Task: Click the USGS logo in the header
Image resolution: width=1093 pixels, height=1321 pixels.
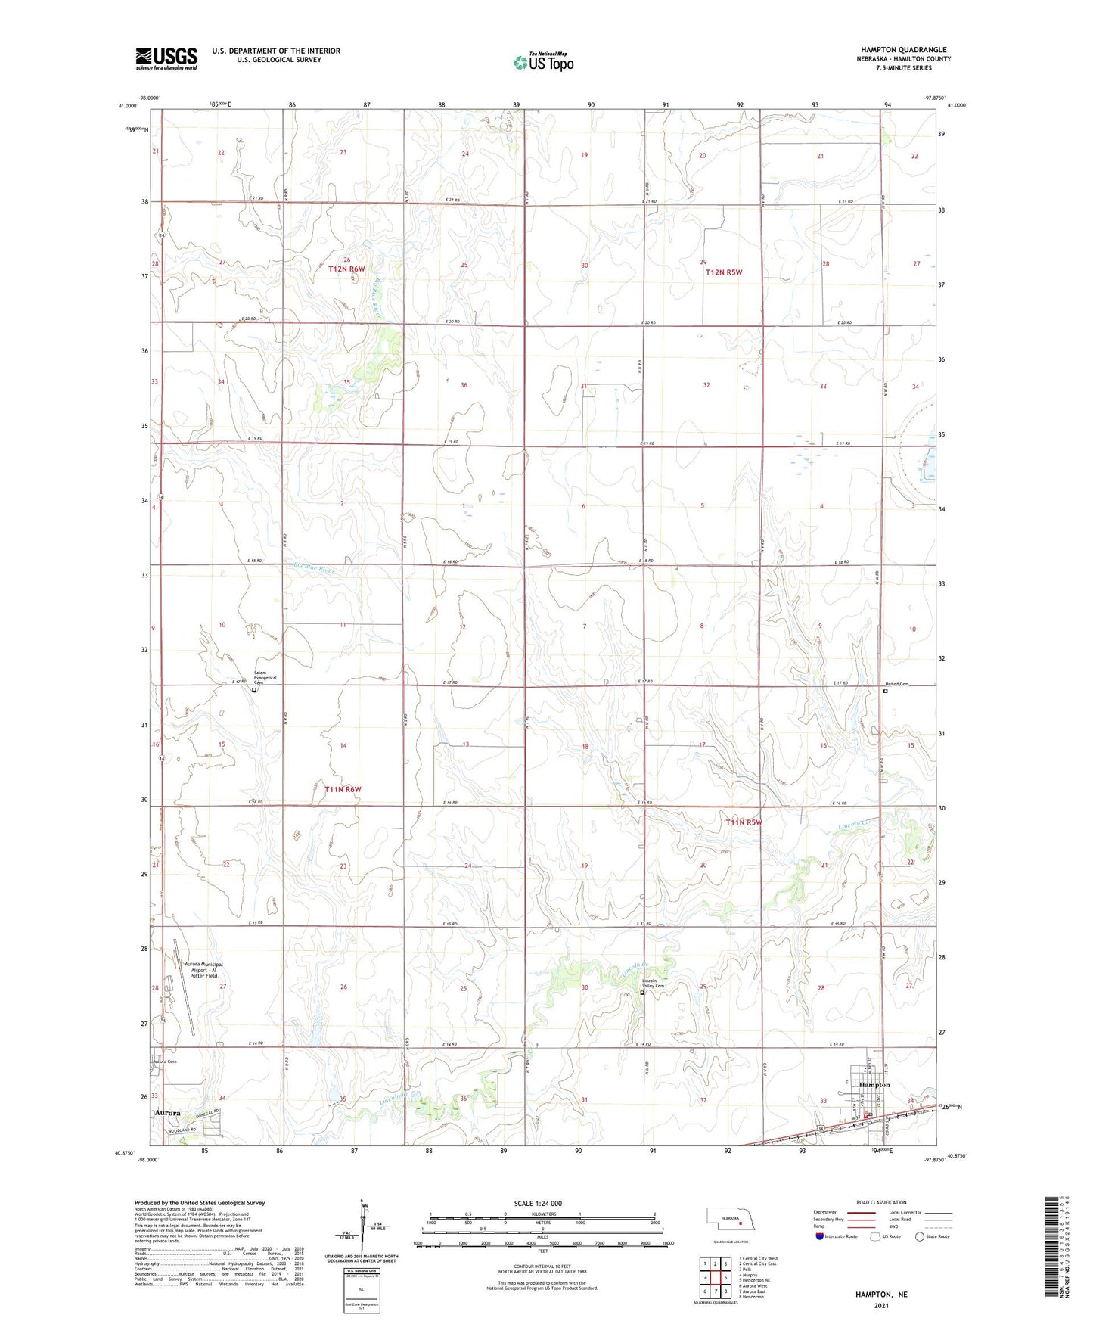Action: tap(166, 58)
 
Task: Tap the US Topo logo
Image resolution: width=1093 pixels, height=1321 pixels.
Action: tap(543, 62)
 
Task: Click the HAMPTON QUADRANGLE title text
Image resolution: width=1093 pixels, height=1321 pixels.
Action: tap(903, 50)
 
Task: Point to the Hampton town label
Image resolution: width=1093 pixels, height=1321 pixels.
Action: tap(874, 1085)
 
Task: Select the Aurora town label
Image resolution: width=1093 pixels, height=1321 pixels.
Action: tap(168, 1113)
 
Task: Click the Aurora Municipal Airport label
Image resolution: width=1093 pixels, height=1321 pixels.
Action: tap(203, 970)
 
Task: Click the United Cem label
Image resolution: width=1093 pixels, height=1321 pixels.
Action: tap(898, 684)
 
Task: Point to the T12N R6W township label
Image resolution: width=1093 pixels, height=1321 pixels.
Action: tap(346, 269)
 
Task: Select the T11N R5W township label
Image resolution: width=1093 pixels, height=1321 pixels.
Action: tap(744, 822)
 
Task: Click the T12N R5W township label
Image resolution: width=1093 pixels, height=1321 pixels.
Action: tap(724, 272)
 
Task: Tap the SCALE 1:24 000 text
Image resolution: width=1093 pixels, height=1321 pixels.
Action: tap(538, 1203)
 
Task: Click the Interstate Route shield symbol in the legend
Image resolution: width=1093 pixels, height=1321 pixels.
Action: tap(819, 1236)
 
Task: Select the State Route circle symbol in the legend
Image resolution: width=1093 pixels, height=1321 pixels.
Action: tap(920, 1236)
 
